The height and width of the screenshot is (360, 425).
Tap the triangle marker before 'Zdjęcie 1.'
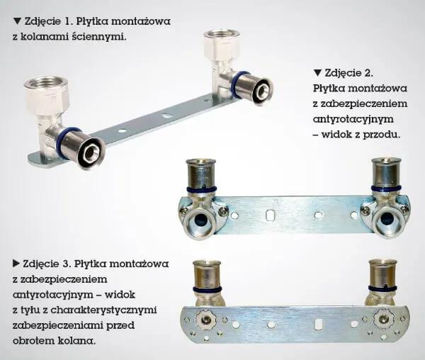click(x=17, y=21)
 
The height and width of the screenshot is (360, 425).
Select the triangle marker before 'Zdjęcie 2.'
click(x=317, y=73)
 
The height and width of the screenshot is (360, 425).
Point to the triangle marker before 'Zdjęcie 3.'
click(x=16, y=263)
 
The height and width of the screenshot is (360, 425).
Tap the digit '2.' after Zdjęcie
click(x=368, y=73)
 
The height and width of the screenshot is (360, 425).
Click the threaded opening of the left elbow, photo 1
click(x=45, y=82)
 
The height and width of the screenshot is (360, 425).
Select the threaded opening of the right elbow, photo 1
click(x=221, y=35)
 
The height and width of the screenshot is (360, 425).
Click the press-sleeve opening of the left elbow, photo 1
click(x=89, y=154)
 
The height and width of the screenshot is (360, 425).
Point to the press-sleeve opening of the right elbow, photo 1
click(x=262, y=89)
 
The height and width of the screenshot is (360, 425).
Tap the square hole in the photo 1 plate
click(x=165, y=116)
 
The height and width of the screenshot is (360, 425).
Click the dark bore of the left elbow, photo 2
click(x=201, y=218)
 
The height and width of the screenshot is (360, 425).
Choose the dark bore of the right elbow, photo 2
click(x=387, y=218)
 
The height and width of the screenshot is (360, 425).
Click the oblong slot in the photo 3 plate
click(x=317, y=325)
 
